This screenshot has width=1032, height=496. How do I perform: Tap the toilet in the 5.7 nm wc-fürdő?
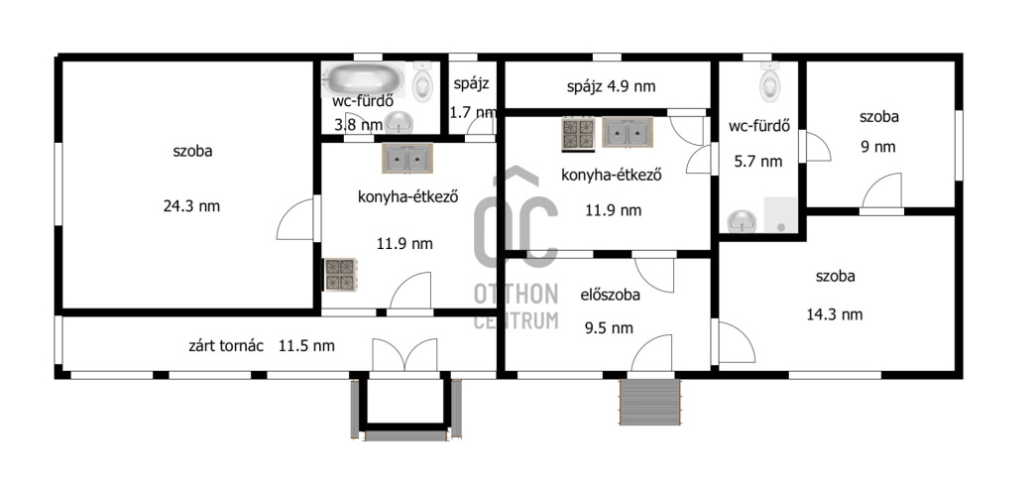(x=770, y=83)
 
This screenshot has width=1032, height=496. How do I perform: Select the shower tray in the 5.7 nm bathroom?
(x=780, y=214)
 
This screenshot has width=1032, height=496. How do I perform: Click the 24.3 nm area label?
(x=191, y=206)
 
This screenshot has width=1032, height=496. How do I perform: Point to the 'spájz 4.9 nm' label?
(x=611, y=85)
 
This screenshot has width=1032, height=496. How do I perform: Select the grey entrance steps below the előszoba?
(x=649, y=402)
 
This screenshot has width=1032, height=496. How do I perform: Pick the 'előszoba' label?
(x=610, y=295)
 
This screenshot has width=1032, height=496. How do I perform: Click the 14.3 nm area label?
(x=835, y=314)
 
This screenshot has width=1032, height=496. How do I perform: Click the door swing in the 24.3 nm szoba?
(x=294, y=219)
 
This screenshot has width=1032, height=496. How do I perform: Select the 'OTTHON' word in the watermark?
(x=516, y=295)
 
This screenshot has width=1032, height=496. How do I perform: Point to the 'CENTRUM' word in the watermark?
(x=516, y=320)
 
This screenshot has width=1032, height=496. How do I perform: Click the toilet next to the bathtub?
(x=422, y=83)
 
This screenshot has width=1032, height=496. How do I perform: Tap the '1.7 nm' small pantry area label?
(x=473, y=113)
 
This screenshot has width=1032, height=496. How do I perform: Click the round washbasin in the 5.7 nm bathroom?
(x=742, y=221)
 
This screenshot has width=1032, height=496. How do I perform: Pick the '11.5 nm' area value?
(x=306, y=345)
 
